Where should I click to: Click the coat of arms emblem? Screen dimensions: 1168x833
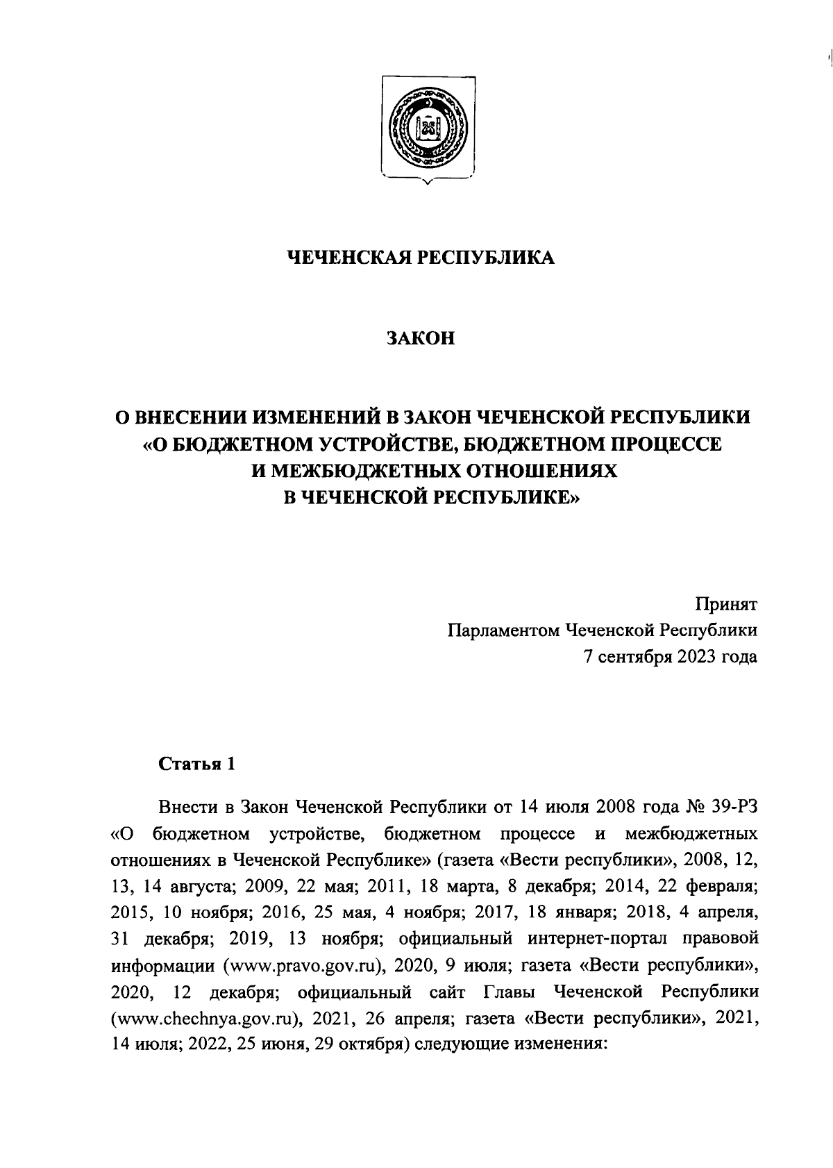[x=426, y=128]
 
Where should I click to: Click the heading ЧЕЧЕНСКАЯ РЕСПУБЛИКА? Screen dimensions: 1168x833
[x=421, y=258]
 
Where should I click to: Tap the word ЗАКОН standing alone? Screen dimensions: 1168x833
[x=421, y=339]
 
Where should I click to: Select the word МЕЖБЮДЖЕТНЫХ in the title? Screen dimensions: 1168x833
[x=374, y=471]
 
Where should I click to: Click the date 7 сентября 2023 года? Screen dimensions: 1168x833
[x=670, y=657]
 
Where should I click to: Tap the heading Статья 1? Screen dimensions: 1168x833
[x=197, y=765]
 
